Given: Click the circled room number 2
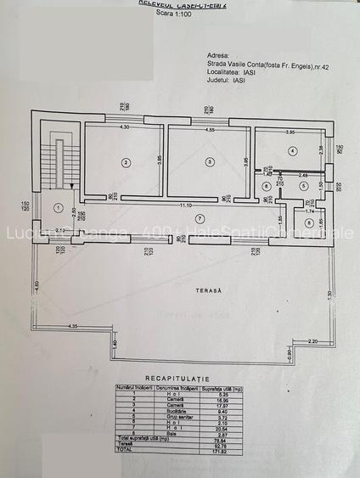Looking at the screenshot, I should click(x=125, y=161).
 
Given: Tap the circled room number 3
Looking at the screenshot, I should click(x=209, y=161).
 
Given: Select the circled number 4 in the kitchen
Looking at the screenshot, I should click(x=292, y=151).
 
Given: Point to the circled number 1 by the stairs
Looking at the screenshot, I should click(x=59, y=207).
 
